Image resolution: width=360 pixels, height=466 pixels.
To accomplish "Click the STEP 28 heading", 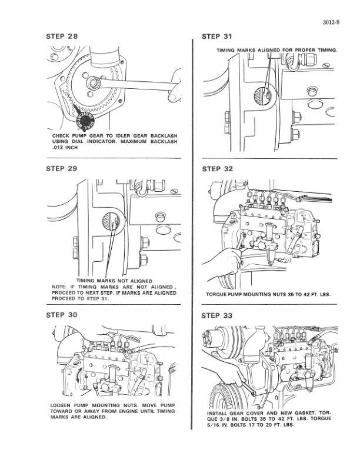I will (x=62, y=36).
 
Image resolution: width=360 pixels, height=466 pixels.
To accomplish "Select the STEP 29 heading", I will (x=62, y=169).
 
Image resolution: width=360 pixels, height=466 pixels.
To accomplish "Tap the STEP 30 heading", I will (x=62, y=315).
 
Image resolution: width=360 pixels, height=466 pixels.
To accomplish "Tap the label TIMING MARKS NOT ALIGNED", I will (x=115, y=280).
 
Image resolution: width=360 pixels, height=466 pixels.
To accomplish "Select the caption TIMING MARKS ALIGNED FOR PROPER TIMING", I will (x=276, y=51).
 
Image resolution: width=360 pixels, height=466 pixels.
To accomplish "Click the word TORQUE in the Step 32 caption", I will (x=221, y=294).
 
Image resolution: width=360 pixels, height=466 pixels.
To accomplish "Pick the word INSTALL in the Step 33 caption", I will (x=221, y=413).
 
